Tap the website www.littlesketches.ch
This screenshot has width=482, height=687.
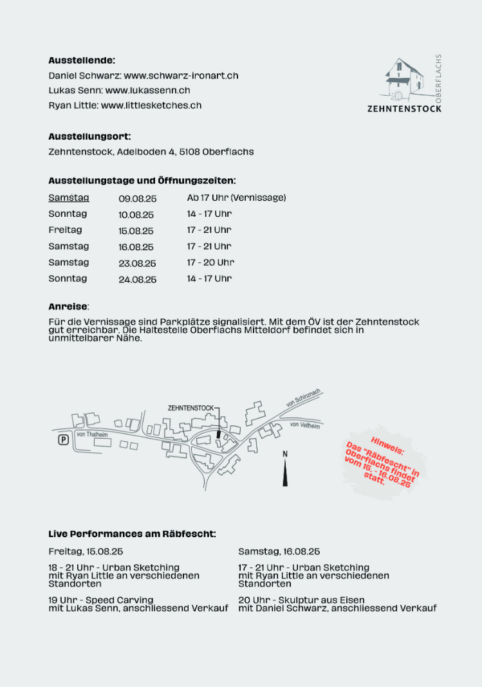click(151, 105)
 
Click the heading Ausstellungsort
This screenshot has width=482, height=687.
click(89, 136)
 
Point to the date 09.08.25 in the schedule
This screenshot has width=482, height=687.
click(137, 199)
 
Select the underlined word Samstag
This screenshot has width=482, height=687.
click(69, 198)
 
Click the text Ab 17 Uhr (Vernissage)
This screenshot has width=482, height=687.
click(236, 198)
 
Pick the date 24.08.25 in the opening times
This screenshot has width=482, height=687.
click(137, 280)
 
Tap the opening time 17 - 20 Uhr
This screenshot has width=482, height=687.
click(210, 262)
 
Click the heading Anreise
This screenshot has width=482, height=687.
click(68, 306)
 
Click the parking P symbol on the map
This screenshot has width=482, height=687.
click(63, 440)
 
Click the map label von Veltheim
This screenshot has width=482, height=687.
click(305, 425)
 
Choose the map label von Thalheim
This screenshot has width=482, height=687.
click(92, 435)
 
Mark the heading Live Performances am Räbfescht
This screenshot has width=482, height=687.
click(132, 534)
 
